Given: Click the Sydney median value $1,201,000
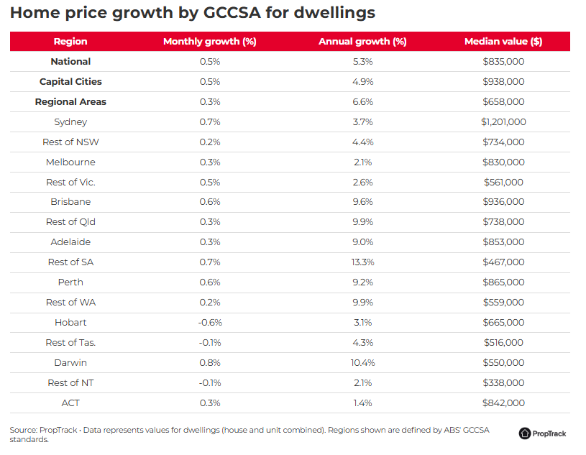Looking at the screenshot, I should tap(503, 122).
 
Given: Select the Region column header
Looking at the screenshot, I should tap(70, 42).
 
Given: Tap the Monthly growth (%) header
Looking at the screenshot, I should tap(210, 42).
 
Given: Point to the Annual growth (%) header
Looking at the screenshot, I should tap(362, 42).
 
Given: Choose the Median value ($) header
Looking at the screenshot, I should tap(503, 42).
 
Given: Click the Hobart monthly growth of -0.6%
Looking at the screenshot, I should tap(210, 323).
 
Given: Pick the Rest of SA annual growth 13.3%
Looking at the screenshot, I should tap(362, 262).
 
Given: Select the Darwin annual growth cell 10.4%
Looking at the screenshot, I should tap(362, 363).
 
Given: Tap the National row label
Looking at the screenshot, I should tap(70, 62).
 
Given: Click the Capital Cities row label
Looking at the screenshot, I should tap(70, 82).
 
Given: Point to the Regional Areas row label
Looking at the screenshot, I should tap(70, 102).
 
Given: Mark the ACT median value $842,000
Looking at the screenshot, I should tap(503, 403).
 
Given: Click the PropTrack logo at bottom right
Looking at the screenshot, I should tap(542, 433).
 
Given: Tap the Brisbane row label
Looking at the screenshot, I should tap(70, 202).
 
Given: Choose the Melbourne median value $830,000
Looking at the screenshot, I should tap(503, 162).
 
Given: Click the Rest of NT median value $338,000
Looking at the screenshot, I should tap(503, 383).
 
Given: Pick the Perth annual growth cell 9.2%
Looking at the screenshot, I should tap(362, 282).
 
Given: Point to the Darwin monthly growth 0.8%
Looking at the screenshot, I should tap(210, 363).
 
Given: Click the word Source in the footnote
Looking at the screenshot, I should tap(23, 430).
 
